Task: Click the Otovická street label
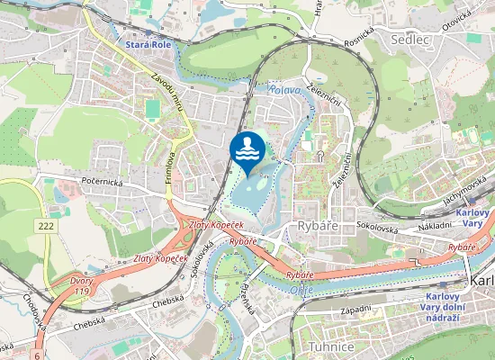(455, 19)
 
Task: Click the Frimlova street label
(168, 166)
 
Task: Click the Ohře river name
(301, 290)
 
